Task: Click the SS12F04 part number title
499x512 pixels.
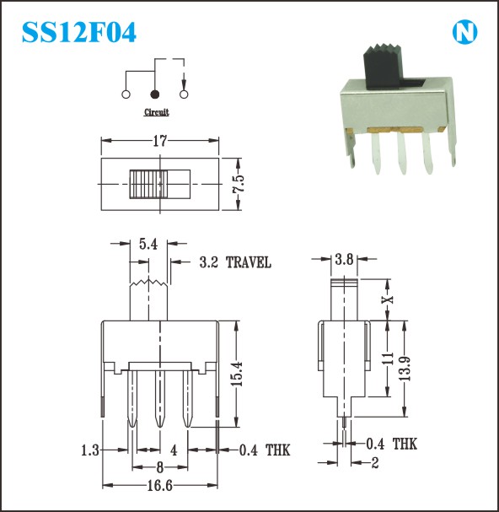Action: coord(79,32)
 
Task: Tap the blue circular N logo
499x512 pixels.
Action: coord(464,32)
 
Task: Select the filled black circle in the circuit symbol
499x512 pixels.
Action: coord(155,94)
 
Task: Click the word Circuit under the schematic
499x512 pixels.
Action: coord(157,112)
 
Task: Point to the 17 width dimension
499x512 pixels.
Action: coord(160,141)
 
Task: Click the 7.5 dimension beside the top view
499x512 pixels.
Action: coord(239,184)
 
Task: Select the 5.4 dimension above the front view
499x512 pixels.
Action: coord(148,244)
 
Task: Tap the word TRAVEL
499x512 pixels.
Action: coord(249,262)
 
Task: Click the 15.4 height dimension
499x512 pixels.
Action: coord(237,374)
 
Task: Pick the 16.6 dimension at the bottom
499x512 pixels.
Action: coord(159,486)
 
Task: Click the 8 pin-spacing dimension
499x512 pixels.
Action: coord(160,467)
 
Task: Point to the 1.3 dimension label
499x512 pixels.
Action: coord(89,450)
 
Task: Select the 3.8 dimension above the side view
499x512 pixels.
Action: coord(344,260)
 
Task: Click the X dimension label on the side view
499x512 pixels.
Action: coord(388,299)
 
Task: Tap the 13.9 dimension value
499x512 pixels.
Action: coord(405,369)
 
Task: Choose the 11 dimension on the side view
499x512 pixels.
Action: coord(388,358)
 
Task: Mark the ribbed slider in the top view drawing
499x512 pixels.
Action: coord(148,184)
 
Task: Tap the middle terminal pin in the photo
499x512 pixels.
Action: coord(401,152)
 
